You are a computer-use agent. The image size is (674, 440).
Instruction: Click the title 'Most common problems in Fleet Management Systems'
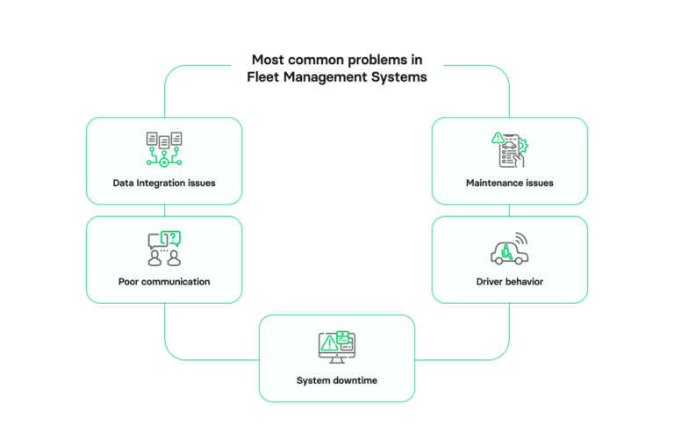tap(337, 68)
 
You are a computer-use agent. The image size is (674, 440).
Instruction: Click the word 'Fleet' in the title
tap(266, 76)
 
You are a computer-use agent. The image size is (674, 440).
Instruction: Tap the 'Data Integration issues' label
tap(164, 184)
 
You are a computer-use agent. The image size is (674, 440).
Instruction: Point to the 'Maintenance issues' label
tap(510, 184)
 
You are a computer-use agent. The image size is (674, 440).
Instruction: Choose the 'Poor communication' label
tap(164, 282)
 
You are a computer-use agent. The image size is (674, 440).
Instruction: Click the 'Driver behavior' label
tap(510, 282)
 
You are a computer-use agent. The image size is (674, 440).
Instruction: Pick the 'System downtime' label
tap(337, 380)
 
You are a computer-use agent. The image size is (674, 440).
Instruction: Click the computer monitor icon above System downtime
tap(337, 348)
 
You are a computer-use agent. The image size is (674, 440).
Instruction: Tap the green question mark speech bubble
tap(172, 238)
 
